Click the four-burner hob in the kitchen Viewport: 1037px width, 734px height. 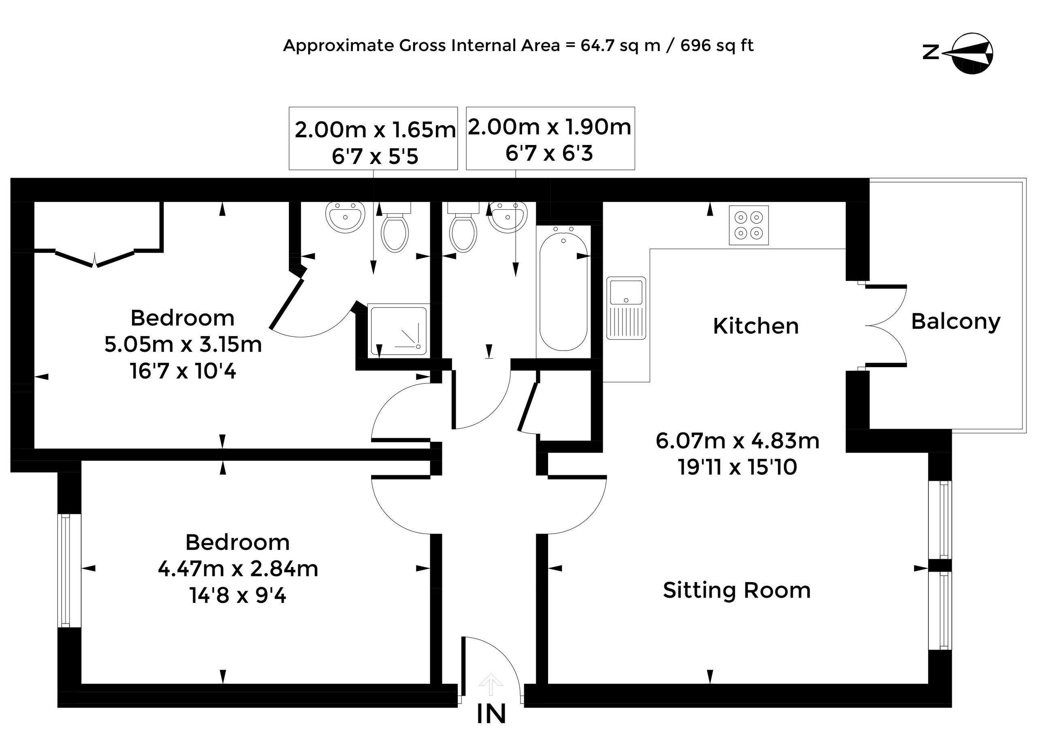pos(749,225)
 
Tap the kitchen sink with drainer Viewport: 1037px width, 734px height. pos(626,308)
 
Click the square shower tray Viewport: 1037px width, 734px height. pos(398,330)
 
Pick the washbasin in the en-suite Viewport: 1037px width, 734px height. pos(345,217)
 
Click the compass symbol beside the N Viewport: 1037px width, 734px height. pos(972,53)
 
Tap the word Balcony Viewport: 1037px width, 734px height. pos(955,322)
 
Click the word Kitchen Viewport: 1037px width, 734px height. pos(756,326)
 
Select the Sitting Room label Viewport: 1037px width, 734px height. pos(737,590)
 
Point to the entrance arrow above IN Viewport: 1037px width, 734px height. pos(491,684)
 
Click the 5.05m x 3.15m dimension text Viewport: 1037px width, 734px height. pos(183,345)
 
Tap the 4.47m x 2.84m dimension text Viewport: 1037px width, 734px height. pos(238,568)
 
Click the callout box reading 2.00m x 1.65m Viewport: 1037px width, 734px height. pos(373,138)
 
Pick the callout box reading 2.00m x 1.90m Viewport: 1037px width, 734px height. pos(551,138)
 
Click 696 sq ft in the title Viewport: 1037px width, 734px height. pos(717,46)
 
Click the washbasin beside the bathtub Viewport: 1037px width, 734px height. pos(508,217)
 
